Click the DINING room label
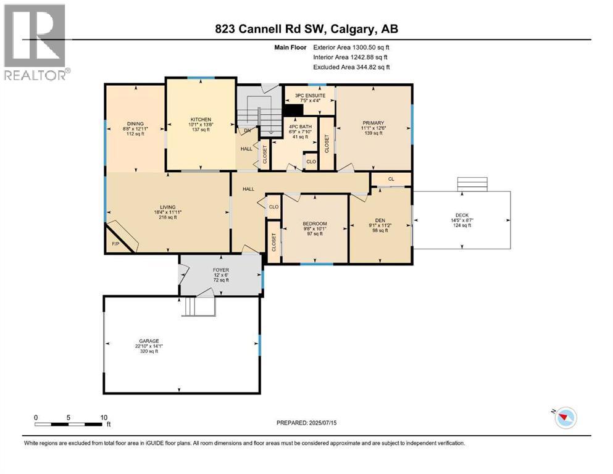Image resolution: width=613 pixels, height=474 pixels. [135, 123]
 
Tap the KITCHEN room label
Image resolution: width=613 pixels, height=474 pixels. [201, 119]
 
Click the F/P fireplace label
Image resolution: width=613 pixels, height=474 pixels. [115, 244]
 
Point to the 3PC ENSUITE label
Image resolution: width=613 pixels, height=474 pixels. [310, 96]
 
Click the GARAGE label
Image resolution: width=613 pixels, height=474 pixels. [149, 341]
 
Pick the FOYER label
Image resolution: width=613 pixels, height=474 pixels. [221, 269]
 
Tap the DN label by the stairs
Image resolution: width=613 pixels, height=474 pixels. [246, 130]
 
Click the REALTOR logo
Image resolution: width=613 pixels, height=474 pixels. [35, 43]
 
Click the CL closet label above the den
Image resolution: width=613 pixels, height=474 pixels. [391, 180]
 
